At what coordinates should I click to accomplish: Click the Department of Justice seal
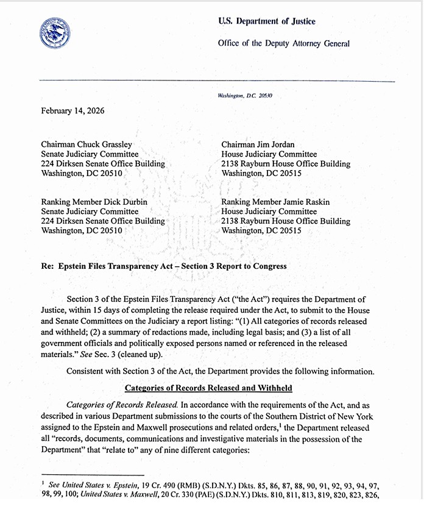[x=54, y=34]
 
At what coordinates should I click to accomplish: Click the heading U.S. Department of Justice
[x=267, y=21]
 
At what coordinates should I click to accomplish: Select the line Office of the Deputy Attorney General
[x=283, y=43]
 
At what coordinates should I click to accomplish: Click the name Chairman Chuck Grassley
[x=87, y=144]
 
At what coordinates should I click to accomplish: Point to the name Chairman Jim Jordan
[x=259, y=144]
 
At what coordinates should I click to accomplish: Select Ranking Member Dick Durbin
[x=94, y=202]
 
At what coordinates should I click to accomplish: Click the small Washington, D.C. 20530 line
[x=245, y=96]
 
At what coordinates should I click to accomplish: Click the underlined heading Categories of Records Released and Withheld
[x=208, y=388]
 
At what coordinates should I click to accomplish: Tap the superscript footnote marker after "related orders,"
[x=281, y=425]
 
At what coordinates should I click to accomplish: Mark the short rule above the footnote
[x=91, y=474]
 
